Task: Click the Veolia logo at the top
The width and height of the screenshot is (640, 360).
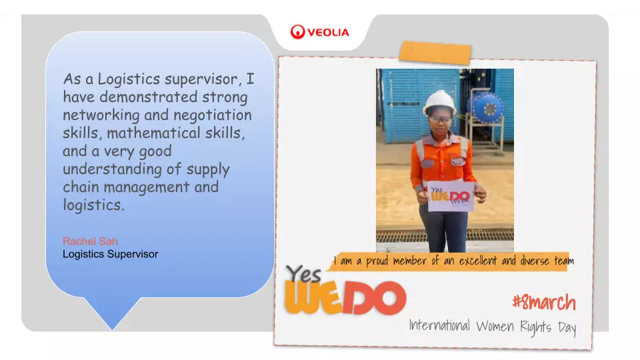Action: [x=319, y=32]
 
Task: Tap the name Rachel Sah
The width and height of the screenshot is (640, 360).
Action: [x=90, y=241]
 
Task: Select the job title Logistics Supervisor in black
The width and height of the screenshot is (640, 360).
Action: [x=110, y=254]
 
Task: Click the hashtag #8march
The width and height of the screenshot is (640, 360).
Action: [x=544, y=302]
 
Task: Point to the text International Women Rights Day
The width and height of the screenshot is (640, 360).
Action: [x=493, y=327]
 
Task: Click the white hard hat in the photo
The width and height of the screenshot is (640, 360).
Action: [x=440, y=102]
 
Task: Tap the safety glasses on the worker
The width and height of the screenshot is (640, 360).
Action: [x=440, y=119]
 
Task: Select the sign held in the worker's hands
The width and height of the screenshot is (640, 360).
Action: [x=450, y=197]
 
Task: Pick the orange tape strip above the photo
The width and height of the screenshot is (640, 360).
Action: [x=435, y=52]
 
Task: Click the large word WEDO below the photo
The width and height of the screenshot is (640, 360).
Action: [x=346, y=298]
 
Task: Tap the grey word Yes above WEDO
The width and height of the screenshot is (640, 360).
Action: [x=303, y=274]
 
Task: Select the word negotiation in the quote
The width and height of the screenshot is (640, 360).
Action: [x=212, y=116]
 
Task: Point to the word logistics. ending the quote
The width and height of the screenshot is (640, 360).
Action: [x=93, y=205]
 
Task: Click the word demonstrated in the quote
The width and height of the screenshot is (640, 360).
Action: [x=148, y=97]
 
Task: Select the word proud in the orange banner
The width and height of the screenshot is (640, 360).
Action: [x=377, y=261]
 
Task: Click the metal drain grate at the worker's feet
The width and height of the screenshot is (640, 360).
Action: [x=445, y=235]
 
